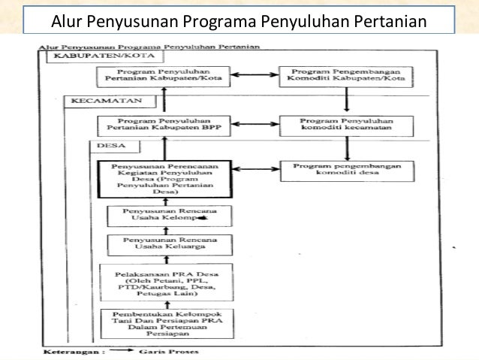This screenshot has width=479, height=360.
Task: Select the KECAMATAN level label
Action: (97, 100)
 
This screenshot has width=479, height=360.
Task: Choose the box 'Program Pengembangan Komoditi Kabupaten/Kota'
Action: (345, 77)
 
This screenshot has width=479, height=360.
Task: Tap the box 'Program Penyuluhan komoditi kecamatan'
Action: (345, 126)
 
